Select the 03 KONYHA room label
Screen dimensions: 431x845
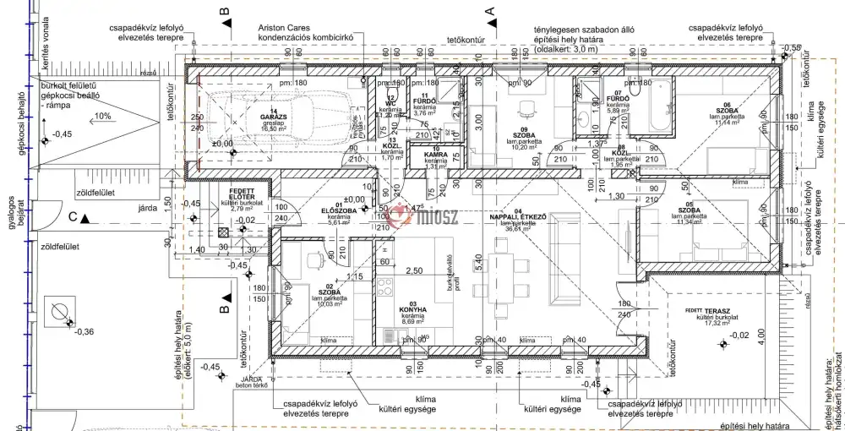click(412, 310)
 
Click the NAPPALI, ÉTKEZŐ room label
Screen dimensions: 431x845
click(518, 216)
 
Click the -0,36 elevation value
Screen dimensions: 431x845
click(84, 331)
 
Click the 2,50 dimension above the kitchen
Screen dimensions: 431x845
click(413, 270)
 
